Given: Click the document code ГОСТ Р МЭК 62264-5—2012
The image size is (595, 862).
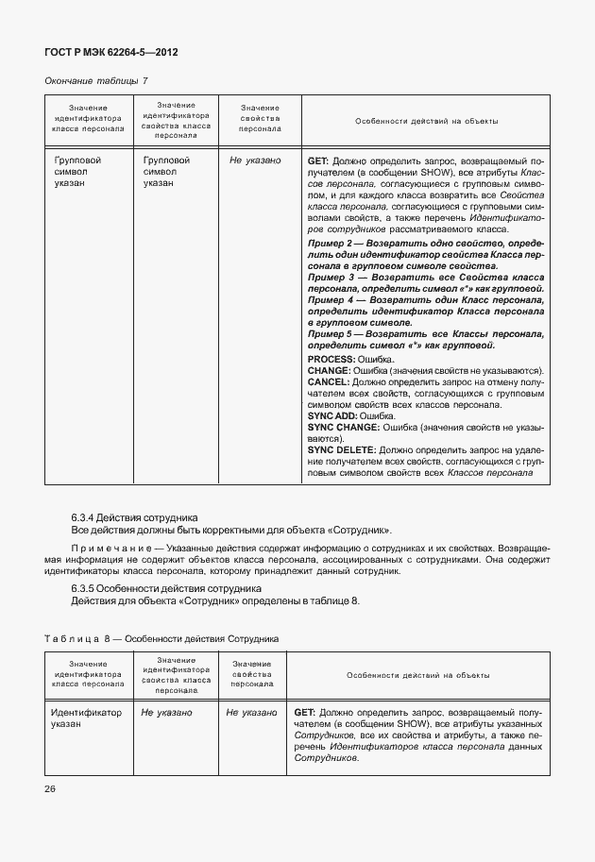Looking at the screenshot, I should [x=110, y=52].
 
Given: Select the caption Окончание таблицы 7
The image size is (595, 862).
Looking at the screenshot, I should [x=96, y=81].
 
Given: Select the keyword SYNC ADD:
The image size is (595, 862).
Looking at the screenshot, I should [x=333, y=416].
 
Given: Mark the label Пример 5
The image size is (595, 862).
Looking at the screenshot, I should [x=332, y=333].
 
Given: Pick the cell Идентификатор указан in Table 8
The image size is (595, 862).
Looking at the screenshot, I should [x=86, y=718].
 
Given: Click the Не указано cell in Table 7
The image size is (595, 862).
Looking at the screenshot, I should [x=255, y=161].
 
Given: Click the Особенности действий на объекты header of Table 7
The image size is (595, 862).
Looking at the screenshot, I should [x=426, y=122].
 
